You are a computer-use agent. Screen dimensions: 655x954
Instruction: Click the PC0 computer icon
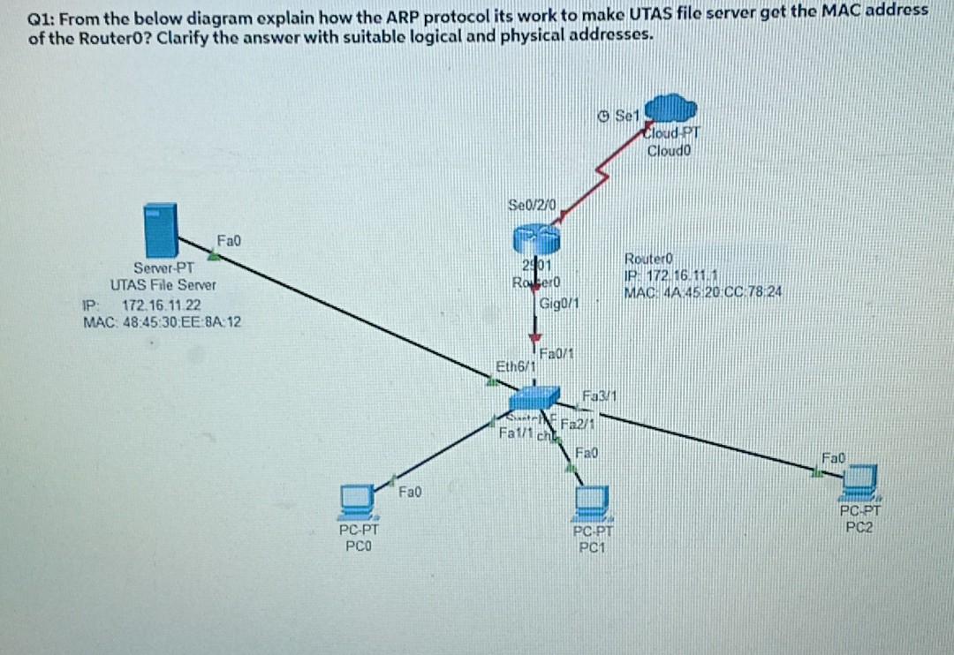coord(356,501)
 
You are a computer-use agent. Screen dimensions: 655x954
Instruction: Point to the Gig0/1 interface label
coord(558,305)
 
